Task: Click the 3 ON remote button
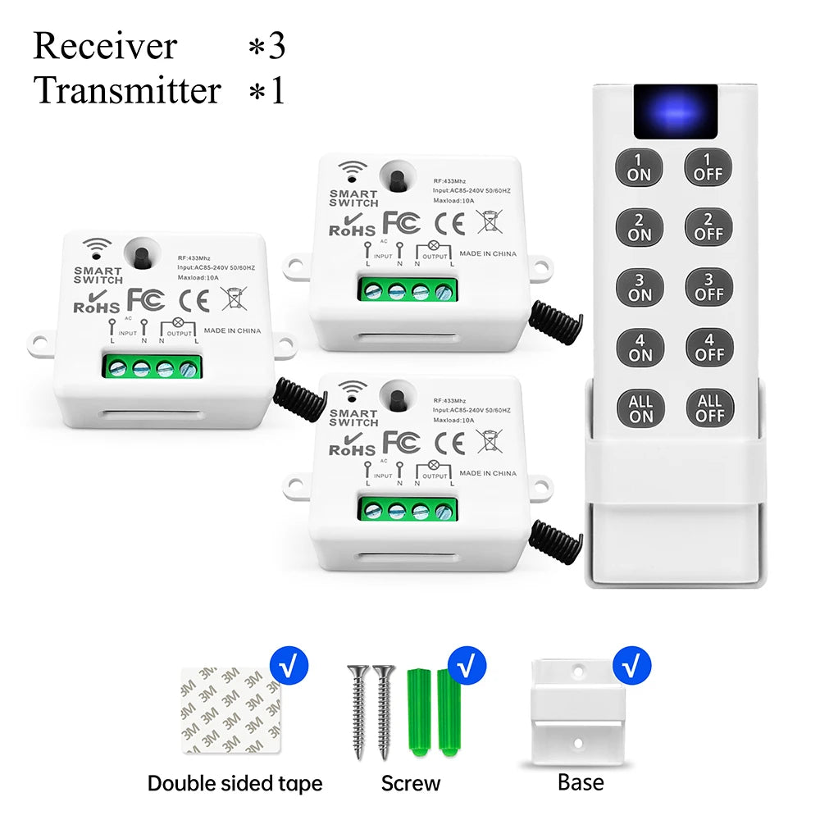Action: pos(640,286)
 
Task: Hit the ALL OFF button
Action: pos(708,408)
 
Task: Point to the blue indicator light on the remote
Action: pos(674,112)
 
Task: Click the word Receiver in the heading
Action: pos(104,46)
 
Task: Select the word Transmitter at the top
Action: pos(127,90)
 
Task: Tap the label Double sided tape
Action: pos(235,783)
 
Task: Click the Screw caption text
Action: pos(410,783)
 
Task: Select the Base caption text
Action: pos(580,782)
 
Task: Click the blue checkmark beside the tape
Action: pos(289,665)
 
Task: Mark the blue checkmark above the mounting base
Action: pos(631,665)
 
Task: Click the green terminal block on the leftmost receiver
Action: pos(153,366)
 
